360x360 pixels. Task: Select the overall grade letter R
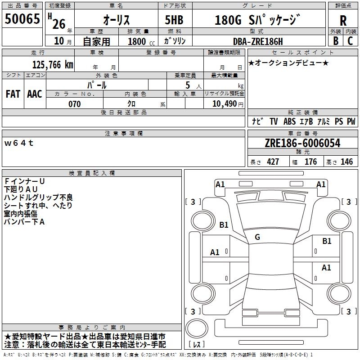(343, 21)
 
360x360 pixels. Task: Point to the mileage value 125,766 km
(53, 64)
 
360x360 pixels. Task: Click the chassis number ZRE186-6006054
(302, 144)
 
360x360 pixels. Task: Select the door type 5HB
(174, 20)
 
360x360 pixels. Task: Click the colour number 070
(74, 104)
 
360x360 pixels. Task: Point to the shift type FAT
(13, 94)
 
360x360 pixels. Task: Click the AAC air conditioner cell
(35, 94)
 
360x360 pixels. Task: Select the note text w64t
(19, 143)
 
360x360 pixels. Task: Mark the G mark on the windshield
(257, 237)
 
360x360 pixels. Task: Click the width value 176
(310, 162)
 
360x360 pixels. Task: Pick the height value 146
(346, 162)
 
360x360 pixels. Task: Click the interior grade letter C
(350, 40)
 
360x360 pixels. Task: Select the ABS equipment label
(289, 121)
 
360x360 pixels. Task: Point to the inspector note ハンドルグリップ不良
(38, 197)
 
